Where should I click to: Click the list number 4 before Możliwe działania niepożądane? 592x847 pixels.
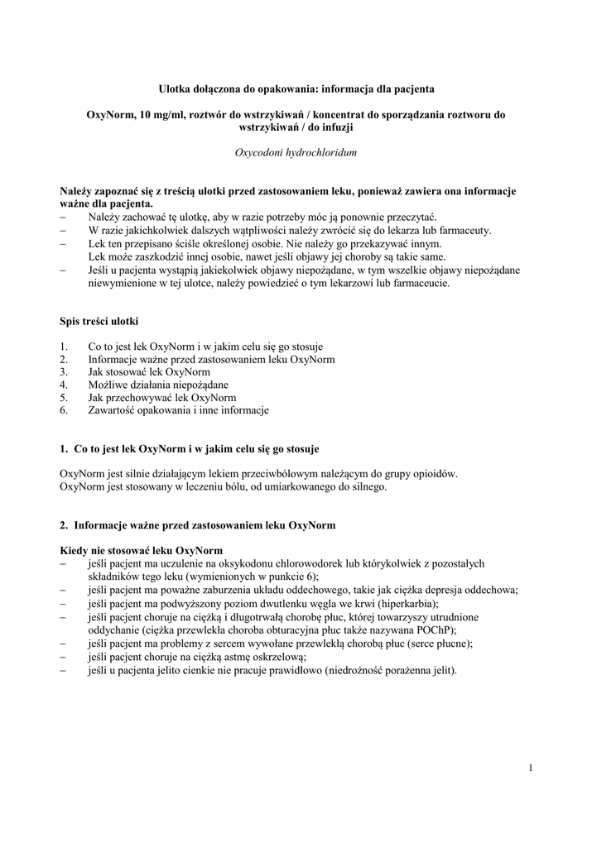click(x=63, y=385)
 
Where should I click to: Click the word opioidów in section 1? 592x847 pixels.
click(x=432, y=474)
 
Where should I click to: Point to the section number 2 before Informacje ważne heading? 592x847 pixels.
click(x=63, y=525)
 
